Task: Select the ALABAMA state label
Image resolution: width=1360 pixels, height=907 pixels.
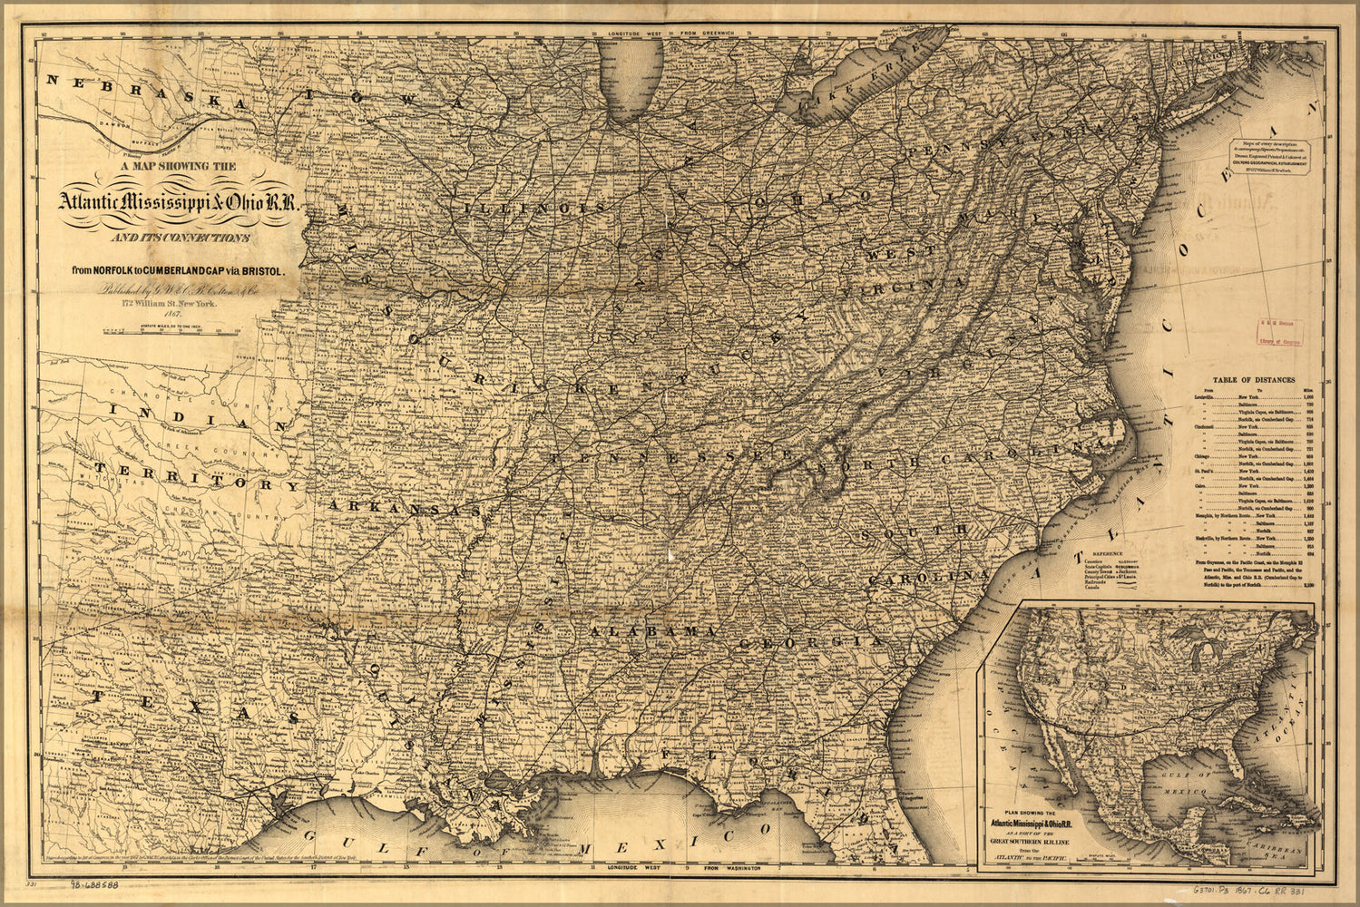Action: pyautogui.click(x=652, y=631)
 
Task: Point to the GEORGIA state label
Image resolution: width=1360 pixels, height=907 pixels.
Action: pyautogui.click(x=810, y=642)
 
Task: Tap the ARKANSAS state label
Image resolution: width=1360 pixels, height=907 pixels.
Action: pyautogui.click(x=405, y=508)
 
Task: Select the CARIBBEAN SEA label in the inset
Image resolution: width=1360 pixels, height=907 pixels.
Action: pyautogui.click(x=1281, y=850)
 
